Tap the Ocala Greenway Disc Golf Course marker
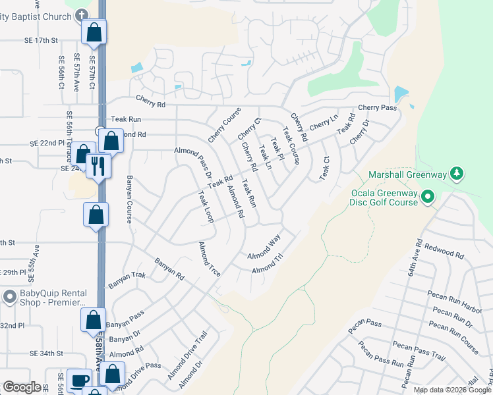(427, 196)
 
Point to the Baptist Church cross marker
(81, 14)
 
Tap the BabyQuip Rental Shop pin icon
(9, 297)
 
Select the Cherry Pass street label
(377, 107)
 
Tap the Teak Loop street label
(206, 207)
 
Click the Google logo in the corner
(22, 387)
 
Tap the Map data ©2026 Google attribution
(452, 390)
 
